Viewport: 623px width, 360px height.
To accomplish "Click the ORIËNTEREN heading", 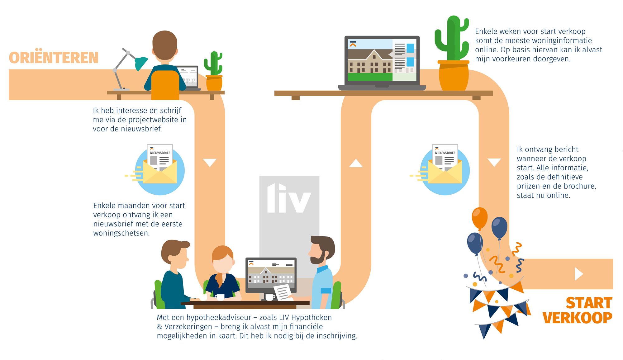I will (54, 58).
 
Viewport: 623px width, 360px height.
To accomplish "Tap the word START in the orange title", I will (589, 303).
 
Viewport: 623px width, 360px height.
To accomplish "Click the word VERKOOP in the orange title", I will (577, 318).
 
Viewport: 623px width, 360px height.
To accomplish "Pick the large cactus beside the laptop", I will (451, 39).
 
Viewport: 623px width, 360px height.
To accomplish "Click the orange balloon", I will (479, 218).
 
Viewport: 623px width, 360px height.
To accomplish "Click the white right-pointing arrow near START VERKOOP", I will (578, 274).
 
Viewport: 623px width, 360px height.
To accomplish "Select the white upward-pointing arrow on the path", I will (356, 163).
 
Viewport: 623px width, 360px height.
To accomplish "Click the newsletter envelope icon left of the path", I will (160, 170).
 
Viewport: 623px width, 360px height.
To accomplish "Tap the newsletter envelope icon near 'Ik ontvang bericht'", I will (445, 170).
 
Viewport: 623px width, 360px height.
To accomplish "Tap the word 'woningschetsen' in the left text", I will (121, 233).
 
